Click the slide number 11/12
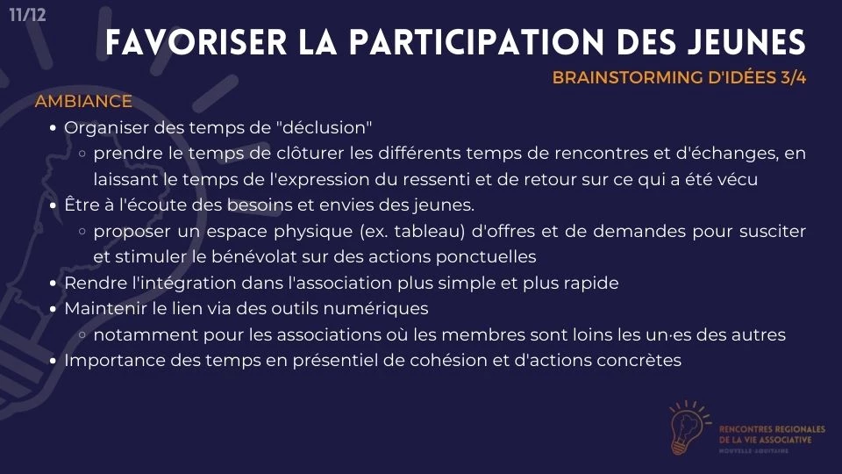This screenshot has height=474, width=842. click(x=27, y=14)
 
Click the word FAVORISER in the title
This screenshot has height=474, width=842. click(x=196, y=42)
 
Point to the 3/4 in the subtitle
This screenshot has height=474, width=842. click(x=793, y=77)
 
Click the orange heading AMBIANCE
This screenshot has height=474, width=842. click(x=83, y=101)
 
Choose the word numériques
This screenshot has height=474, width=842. click(x=383, y=308)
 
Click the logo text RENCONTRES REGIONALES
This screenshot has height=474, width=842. click(x=772, y=429)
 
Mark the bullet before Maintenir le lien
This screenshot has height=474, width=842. click(x=53, y=310)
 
